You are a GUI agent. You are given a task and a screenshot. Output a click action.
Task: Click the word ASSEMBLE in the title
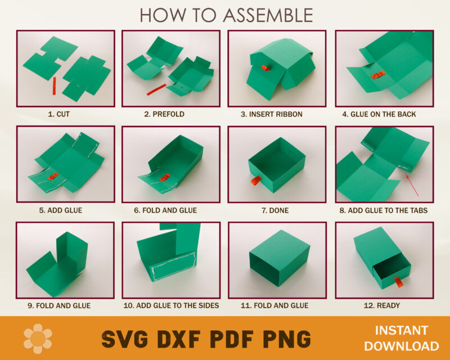[268, 15]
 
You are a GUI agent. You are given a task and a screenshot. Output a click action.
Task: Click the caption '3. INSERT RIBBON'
[272, 114]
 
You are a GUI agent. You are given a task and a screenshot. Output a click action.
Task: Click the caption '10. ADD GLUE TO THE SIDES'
[171, 305]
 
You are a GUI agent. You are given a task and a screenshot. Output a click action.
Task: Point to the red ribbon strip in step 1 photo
[55, 86]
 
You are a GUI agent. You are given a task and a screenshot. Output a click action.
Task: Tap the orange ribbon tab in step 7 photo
[254, 181]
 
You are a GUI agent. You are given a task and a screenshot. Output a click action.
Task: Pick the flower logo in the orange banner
[38, 339]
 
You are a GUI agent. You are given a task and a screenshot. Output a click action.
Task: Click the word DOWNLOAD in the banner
[407, 346]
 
